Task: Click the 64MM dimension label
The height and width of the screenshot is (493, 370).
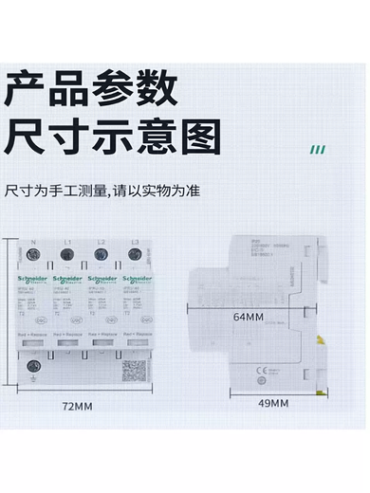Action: pyautogui.click(x=248, y=318)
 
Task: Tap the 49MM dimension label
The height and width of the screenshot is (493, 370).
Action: pyautogui.click(x=273, y=403)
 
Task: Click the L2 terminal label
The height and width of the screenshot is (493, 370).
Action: pyautogui.click(x=101, y=244)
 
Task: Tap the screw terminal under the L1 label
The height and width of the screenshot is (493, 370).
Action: pyautogui.click(x=69, y=260)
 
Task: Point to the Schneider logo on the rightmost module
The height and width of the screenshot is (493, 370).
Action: pyautogui.click(x=136, y=280)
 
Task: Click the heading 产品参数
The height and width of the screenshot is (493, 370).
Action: pyautogui.click(x=91, y=89)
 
